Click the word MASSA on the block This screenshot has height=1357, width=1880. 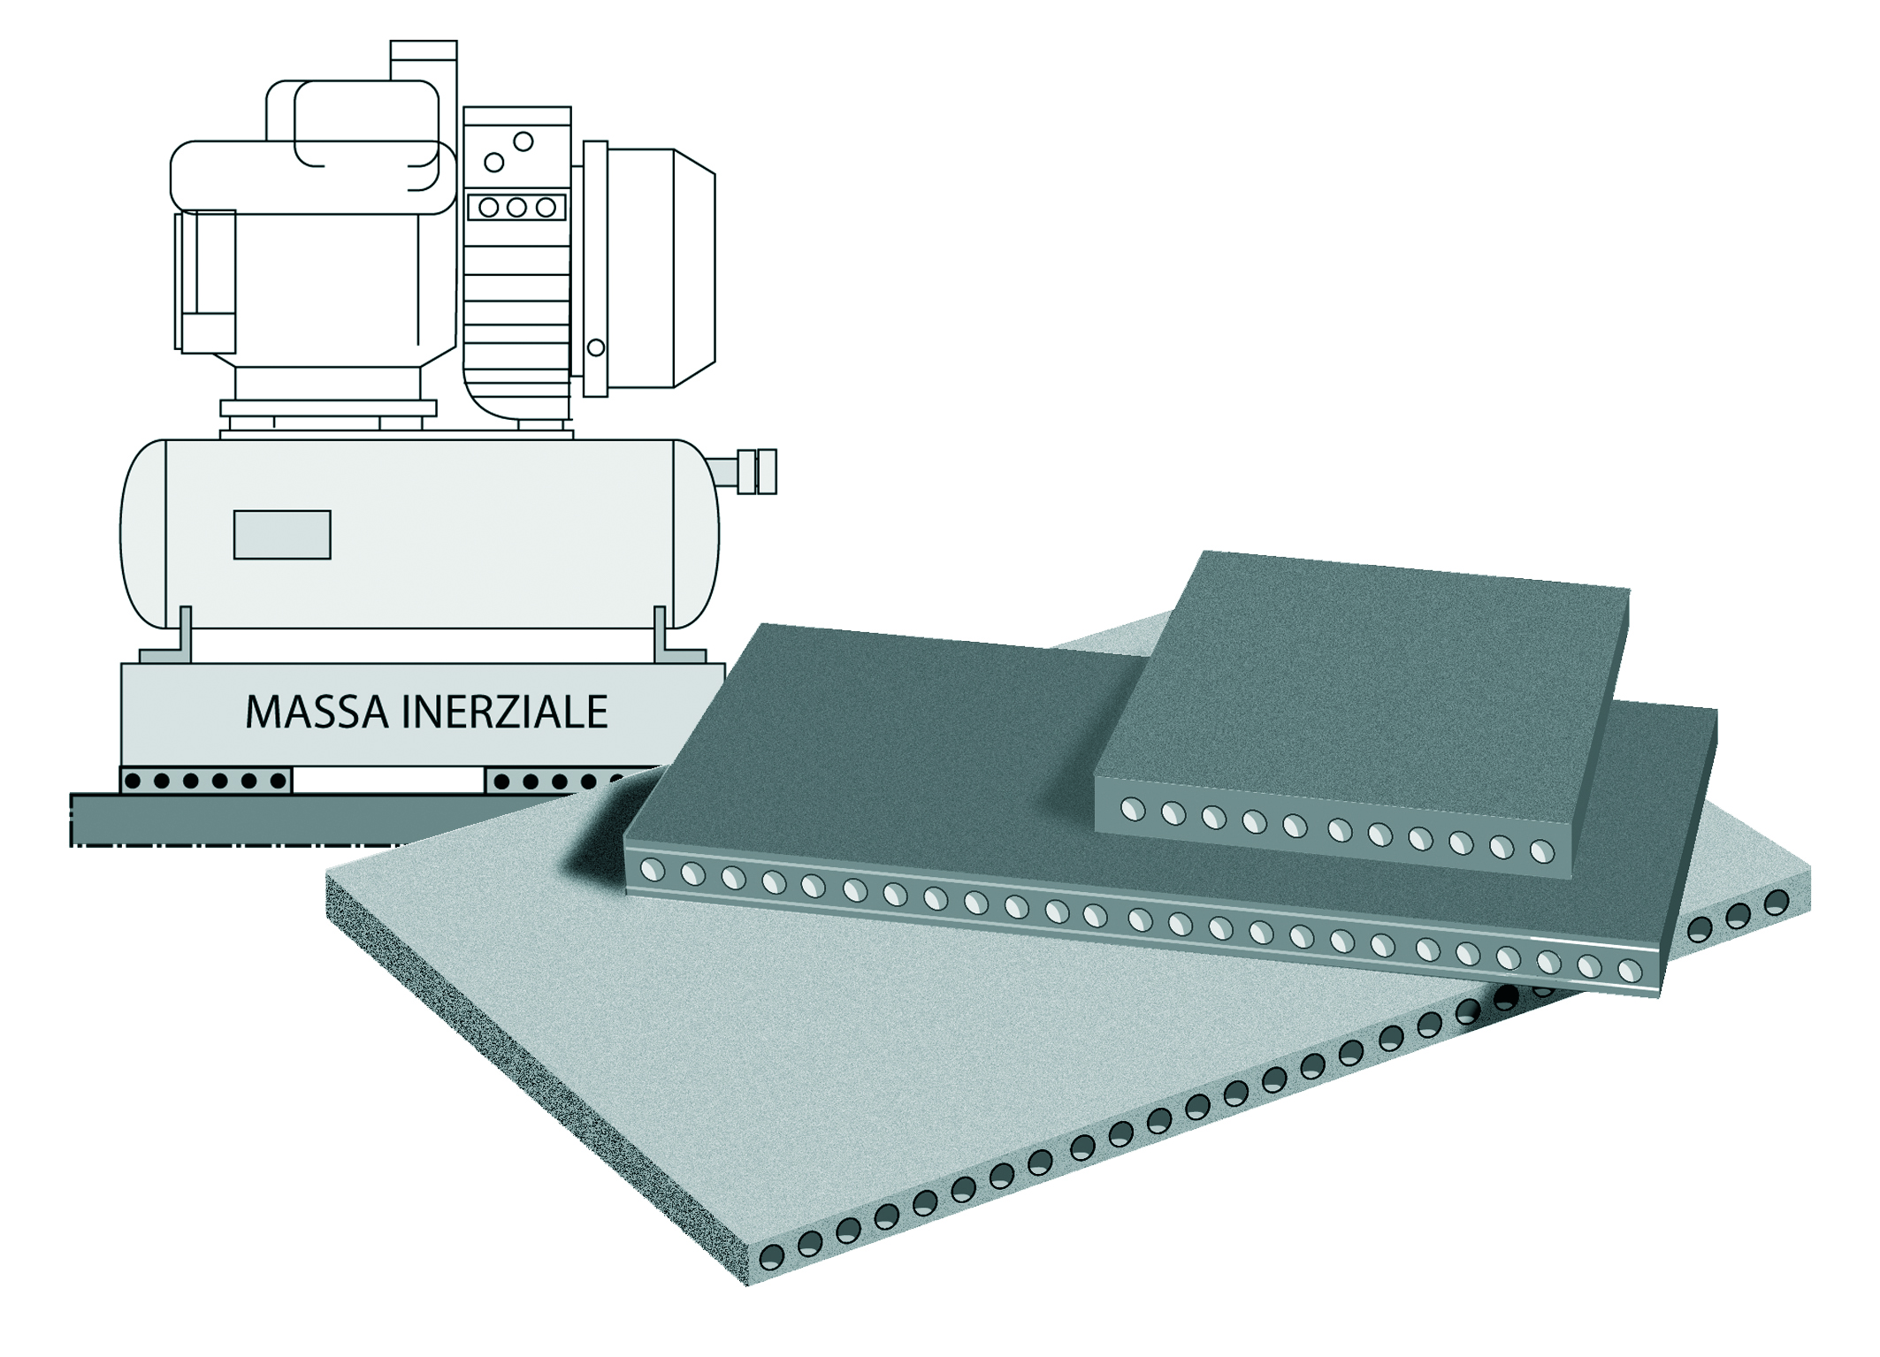[316, 712]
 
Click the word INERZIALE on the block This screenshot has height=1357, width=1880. [505, 712]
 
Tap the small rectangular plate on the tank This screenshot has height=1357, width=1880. [282, 535]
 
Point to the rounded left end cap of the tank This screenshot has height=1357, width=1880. [141, 533]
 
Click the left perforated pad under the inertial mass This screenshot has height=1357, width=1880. [205, 781]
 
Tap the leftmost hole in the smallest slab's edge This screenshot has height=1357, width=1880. [1133, 809]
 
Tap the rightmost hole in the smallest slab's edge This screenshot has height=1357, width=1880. [1541, 852]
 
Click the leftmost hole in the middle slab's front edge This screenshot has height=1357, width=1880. [652, 871]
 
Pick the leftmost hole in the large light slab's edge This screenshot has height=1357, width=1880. [772, 1256]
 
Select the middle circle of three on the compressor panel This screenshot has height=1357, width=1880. [516, 208]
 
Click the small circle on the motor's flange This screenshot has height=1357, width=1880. [596, 348]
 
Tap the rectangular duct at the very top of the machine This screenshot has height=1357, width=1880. [424, 60]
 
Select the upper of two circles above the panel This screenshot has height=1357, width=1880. [523, 141]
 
